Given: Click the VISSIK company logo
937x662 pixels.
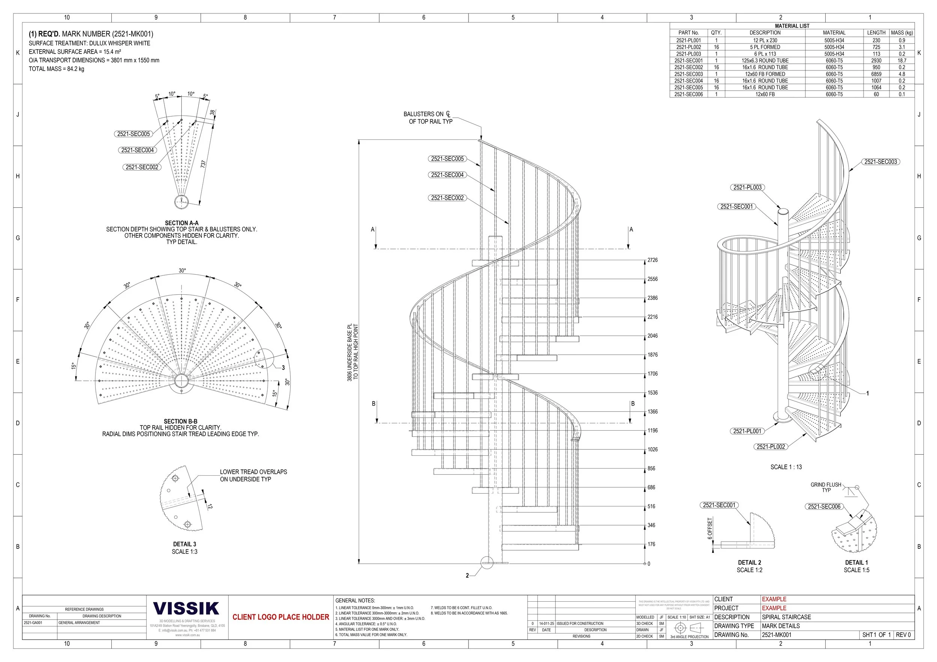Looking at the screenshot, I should [186, 608].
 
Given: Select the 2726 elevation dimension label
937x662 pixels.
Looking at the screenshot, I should [653, 260].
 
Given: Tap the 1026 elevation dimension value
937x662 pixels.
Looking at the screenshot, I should [653, 449].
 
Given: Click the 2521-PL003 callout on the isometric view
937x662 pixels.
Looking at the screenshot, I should [747, 187].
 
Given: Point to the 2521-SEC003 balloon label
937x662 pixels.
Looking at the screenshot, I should [881, 162].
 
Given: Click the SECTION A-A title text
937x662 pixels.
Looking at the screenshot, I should [182, 223].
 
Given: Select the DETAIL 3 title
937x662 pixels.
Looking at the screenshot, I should [184, 544].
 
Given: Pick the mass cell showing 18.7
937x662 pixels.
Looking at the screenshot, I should [902, 60].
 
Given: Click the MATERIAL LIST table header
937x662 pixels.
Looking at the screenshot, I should [792, 26].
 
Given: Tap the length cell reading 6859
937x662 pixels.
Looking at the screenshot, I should [876, 74].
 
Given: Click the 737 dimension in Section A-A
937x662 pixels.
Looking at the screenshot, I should [203, 164].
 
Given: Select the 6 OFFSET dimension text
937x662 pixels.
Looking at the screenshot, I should [710, 529].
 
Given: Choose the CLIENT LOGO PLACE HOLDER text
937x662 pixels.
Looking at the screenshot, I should [281, 617].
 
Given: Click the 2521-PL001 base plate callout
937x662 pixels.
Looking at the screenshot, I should [747, 431].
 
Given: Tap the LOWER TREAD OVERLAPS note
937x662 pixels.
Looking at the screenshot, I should [253, 475].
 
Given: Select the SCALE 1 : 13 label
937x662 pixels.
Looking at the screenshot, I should [786, 467].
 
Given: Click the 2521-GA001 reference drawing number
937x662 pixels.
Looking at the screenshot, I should [33, 623].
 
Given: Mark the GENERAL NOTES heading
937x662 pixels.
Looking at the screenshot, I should [355, 601].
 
